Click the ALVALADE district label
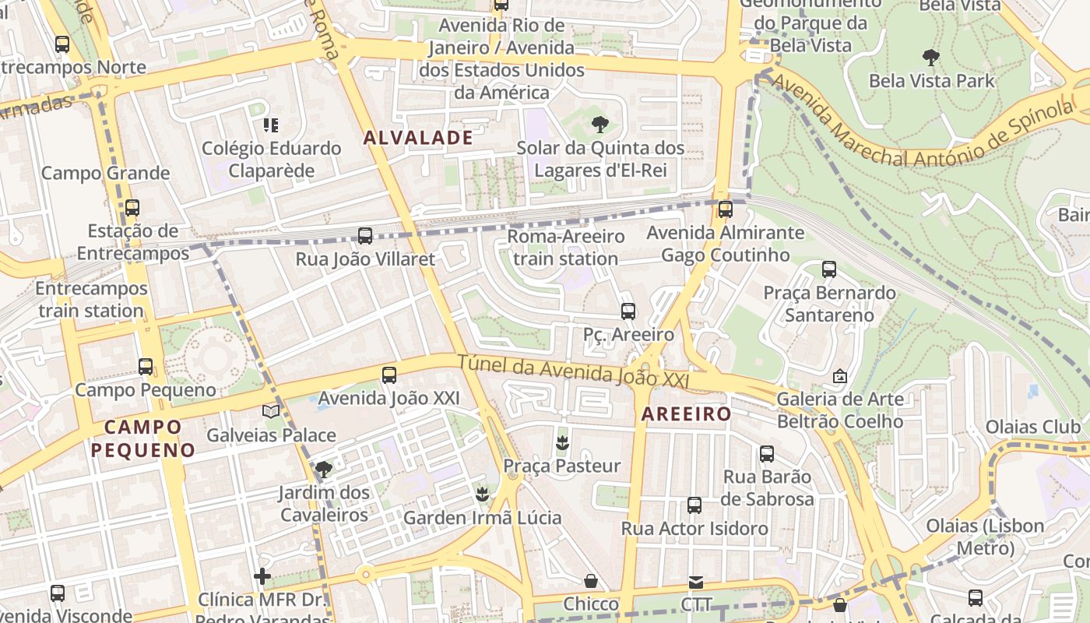(418, 138)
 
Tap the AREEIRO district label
(686, 414)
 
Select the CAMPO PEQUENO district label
(142, 438)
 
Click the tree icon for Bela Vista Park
(930, 57)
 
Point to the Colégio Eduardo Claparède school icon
(271, 125)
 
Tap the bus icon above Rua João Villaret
(364, 235)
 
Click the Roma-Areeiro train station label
(566, 247)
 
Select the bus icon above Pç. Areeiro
(628, 311)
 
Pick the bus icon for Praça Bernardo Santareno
(829, 269)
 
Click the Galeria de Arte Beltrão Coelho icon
(840, 376)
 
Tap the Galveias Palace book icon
(271, 411)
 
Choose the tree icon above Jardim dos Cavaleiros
(324, 469)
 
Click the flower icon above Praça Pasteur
(561, 442)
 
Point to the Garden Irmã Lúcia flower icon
(482, 494)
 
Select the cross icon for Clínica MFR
(263, 576)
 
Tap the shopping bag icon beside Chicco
(591, 581)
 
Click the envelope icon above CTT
(696, 582)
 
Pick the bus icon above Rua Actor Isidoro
(694, 505)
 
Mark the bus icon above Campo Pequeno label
(146, 366)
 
